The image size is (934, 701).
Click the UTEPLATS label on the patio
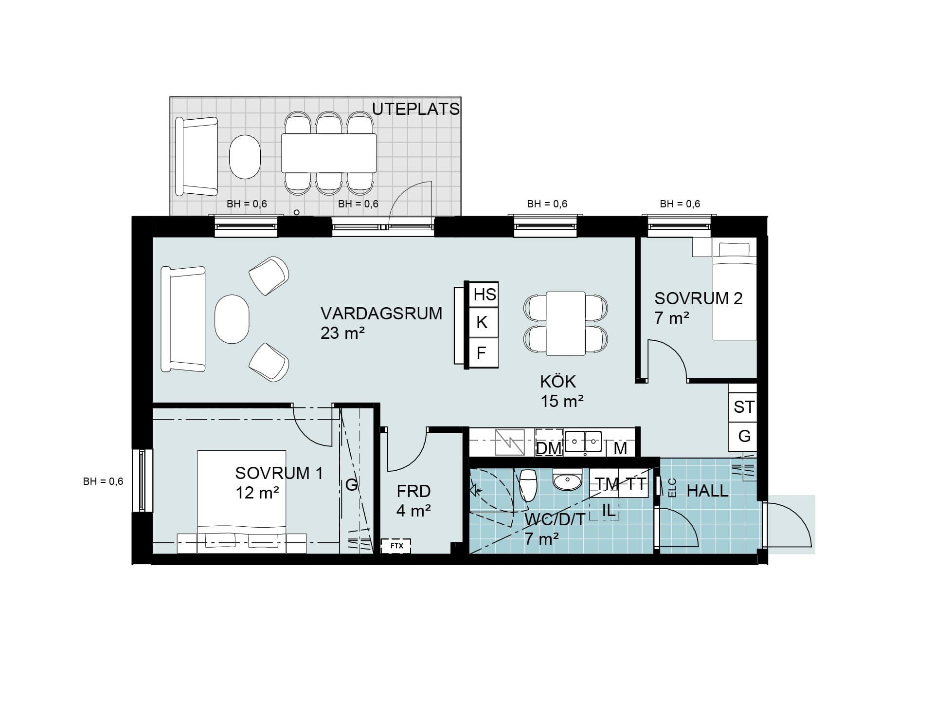coord(416,109)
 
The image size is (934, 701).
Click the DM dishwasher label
coord(549,448)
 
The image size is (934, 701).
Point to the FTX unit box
coord(396,546)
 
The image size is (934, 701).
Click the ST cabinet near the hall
coord(743,407)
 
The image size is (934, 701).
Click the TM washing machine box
coord(604,483)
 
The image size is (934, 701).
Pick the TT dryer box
coord(634,483)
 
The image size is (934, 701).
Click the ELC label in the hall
coord(673,488)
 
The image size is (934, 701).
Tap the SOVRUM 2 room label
coord(698,298)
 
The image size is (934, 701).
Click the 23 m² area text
coord(342,333)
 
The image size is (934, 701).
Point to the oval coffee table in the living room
coord(232,319)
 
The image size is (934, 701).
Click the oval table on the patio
coord(245,157)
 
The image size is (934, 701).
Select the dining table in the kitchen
coord(565,323)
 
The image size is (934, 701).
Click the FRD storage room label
coord(413,491)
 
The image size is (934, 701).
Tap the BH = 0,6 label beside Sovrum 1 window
coord(103,481)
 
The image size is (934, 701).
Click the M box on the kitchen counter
coord(620,448)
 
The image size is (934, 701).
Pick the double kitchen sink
coord(583,442)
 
